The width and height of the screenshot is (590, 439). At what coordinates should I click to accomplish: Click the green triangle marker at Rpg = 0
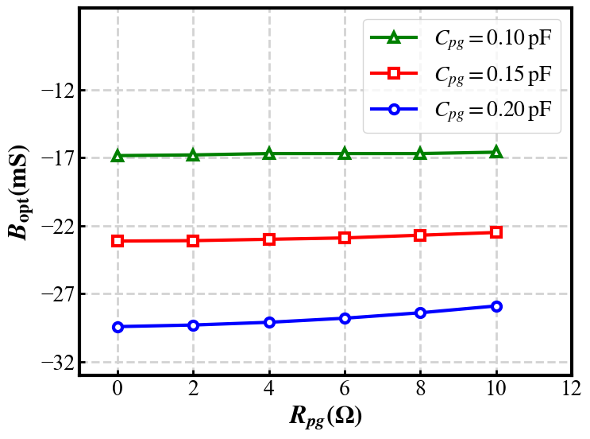coord(118,156)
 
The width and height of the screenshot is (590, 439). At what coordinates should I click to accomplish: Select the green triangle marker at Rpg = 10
coord(496,152)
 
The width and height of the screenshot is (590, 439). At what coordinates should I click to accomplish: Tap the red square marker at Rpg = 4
coord(269,239)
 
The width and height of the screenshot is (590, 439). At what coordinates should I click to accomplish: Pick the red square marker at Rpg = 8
coord(420,235)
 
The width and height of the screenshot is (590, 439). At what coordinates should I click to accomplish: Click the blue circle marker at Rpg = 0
coord(118,327)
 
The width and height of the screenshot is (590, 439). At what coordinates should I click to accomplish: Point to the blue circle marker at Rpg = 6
coord(345,318)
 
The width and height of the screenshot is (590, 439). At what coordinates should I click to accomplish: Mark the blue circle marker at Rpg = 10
coord(496,306)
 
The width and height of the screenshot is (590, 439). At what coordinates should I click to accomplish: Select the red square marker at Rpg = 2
coord(193,241)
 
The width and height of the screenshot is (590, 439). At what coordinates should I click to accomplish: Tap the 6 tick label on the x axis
coord(345,390)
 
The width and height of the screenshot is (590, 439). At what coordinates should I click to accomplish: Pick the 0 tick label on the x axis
coord(118,390)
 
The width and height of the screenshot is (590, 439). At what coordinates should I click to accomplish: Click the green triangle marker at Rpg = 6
coord(345,153)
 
